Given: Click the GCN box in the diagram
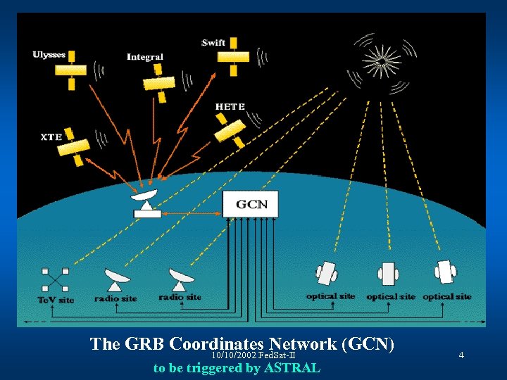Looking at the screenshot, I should [251, 204].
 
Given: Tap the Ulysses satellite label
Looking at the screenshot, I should [49, 54].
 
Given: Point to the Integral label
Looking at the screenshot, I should [145, 57].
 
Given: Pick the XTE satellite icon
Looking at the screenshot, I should [73, 150].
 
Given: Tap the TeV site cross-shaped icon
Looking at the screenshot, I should [54, 279].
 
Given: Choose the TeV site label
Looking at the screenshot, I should [56, 300].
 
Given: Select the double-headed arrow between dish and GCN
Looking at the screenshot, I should [192, 213].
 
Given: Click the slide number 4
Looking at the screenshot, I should [461, 355].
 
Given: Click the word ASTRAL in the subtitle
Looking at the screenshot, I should [292, 368].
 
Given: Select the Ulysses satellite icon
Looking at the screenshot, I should [70, 72].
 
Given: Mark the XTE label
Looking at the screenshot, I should [51, 137].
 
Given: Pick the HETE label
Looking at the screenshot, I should [230, 107].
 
